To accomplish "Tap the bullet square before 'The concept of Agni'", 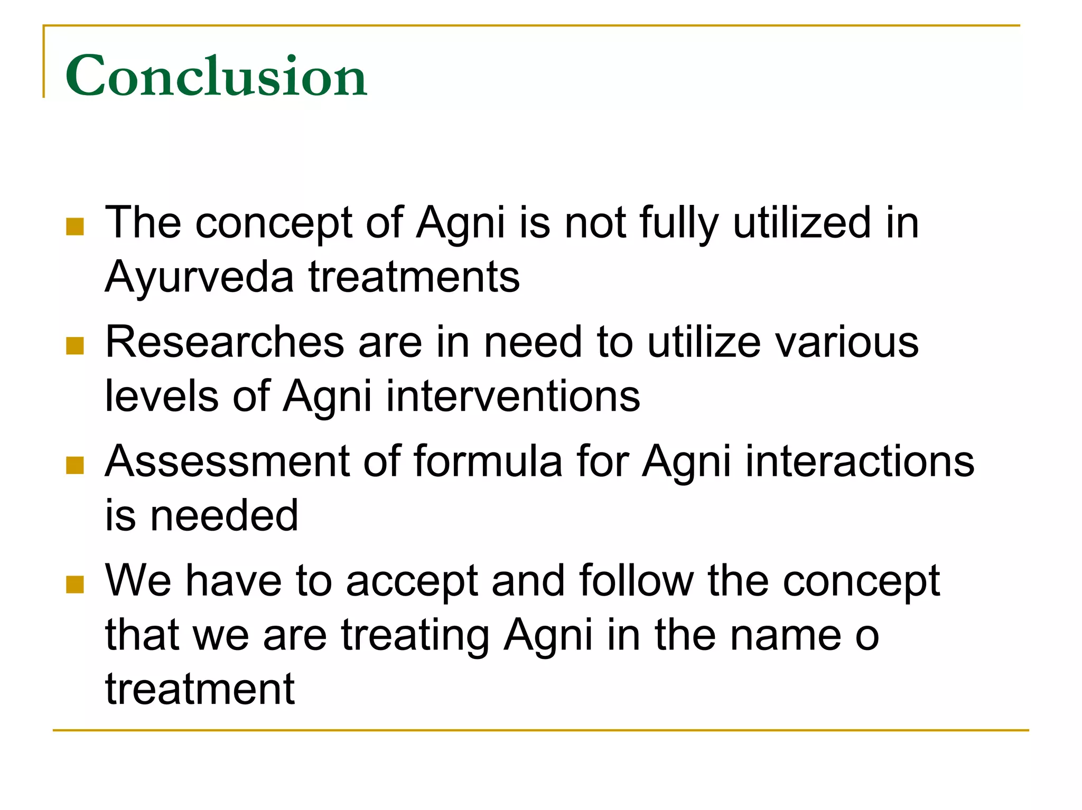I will (x=75, y=227).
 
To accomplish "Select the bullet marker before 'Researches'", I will (x=75, y=346).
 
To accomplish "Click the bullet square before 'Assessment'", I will (x=75, y=465).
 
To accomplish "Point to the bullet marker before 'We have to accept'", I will (x=75, y=585).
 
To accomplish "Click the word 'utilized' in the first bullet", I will (x=801, y=222).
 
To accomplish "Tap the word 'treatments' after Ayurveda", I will (x=414, y=277).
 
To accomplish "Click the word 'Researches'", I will (x=225, y=342).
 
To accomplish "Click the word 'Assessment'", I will (x=228, y=461).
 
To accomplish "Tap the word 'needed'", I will (x=224, y=516).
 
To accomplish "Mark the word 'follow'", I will (x=636, y=581).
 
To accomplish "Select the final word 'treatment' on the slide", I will (x=200, y=689).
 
